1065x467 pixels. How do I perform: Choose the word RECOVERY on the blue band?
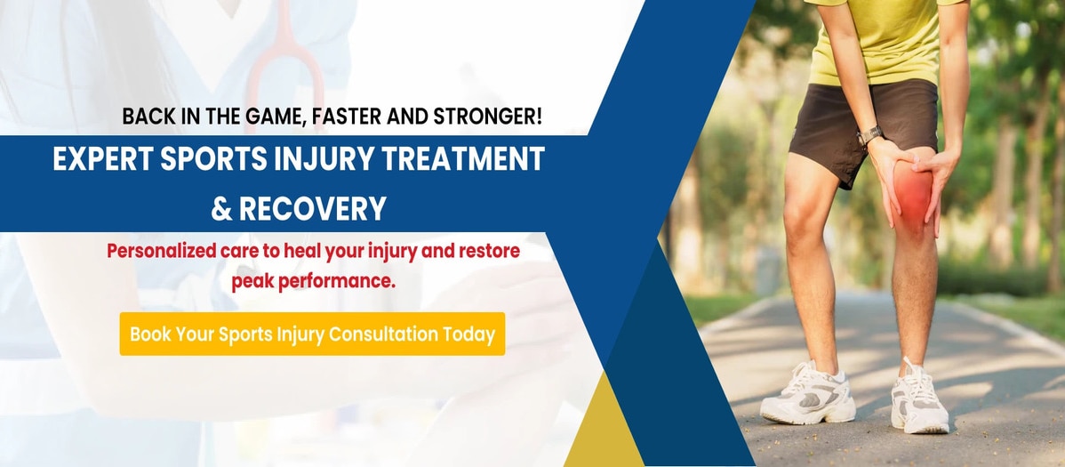(313, 209)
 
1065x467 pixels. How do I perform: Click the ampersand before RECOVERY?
(221, 209)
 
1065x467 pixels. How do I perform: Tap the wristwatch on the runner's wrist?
(870, 134)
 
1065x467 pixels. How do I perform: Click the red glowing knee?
(911, 192)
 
